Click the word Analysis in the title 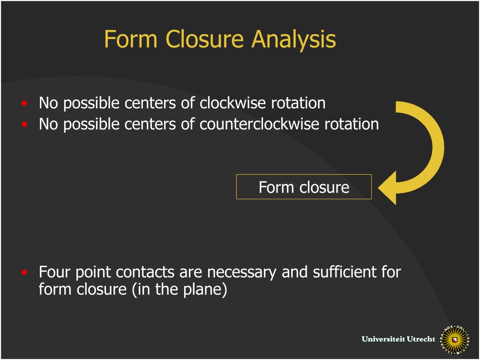(x=294, y=39)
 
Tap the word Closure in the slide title (x=205, y=39)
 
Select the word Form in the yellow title (x=132, y=39)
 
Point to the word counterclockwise (x=260, y=124)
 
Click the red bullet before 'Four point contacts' (x=24, y=272)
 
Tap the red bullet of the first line (x=24, y=103)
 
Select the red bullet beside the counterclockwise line (x=24, y=125)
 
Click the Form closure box (x=304, y=187)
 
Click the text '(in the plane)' (x=180, y=289)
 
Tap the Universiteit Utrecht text (x=398, y=339)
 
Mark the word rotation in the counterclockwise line (x=352, y=124)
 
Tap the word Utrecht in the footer (x=421, y=339)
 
